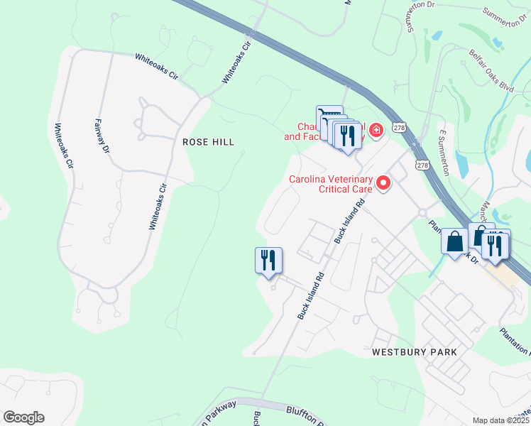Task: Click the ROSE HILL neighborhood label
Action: [208, 142]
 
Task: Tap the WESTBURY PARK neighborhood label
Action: [414, 352]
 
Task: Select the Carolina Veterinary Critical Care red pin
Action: [384, 184]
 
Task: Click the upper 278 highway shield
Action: [400, 127]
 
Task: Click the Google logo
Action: [23, 417]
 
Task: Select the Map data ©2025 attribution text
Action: [501, 420]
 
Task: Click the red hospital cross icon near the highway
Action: [375, 130]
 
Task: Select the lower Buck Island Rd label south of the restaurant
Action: [311, 295]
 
